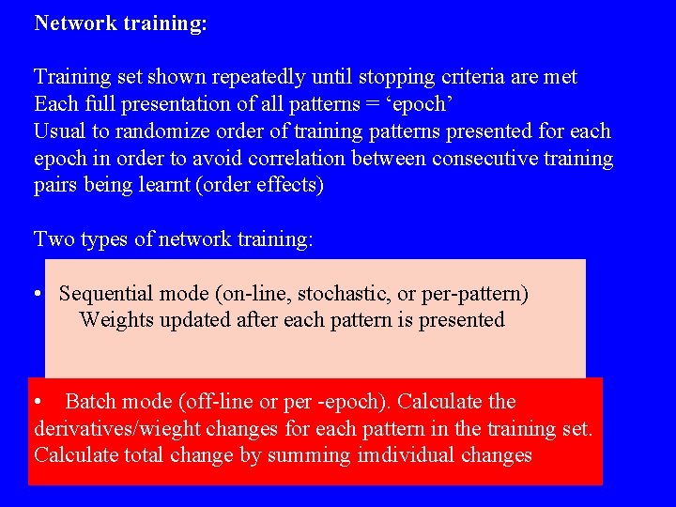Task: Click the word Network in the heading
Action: tap(75, 23)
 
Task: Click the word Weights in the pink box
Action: tap(114, 320)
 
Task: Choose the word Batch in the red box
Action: tap(91, 402)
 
